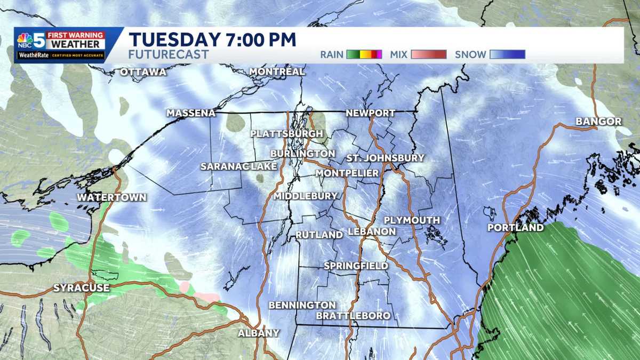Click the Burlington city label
click(302, 154)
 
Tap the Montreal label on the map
click(277, 71)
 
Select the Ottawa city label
click(143, 72)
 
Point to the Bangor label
click(598, 122)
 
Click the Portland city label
click(516, 228)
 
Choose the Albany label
click(259, 333)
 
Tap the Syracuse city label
click(81, 288)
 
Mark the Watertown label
click(111, 197)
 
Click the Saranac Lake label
click(239, 166)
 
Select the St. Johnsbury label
click(385, 158)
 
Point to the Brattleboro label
click(353, 316)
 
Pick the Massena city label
click(191, 113)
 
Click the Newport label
click(371, 113)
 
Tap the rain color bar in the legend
click(364, 54)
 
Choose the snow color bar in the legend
click(507, 54)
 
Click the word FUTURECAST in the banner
click(169, 54)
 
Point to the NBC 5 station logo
click(31, 41)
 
